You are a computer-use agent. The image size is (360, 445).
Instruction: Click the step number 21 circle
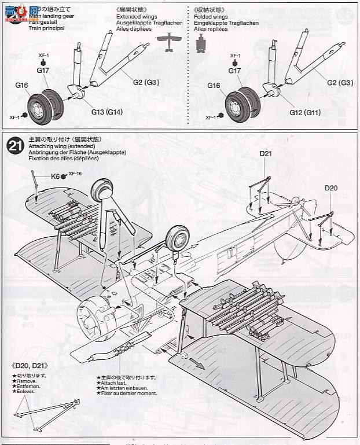tap(15, 146)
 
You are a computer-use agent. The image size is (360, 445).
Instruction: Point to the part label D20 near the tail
tap(330, 188)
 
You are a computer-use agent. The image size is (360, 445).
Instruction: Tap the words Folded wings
tap(212, 17)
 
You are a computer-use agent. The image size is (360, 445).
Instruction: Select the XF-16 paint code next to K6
tap(75, 174)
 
